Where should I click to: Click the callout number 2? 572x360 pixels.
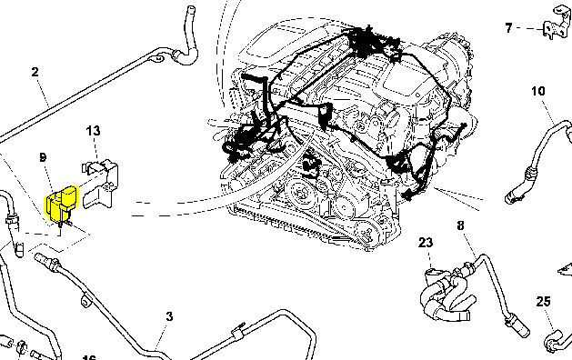pos(35,72)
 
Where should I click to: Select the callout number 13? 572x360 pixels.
pos(93,131)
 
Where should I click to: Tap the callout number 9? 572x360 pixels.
pos(43,157)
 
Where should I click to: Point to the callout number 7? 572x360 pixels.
pos(508,28)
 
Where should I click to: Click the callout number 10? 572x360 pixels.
pos(538,91)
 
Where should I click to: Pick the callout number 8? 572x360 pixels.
pos(460,225)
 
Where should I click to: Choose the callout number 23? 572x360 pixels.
pos(426,243)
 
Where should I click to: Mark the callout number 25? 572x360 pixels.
pos(543,302)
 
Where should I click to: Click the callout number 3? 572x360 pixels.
pos(169,316)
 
